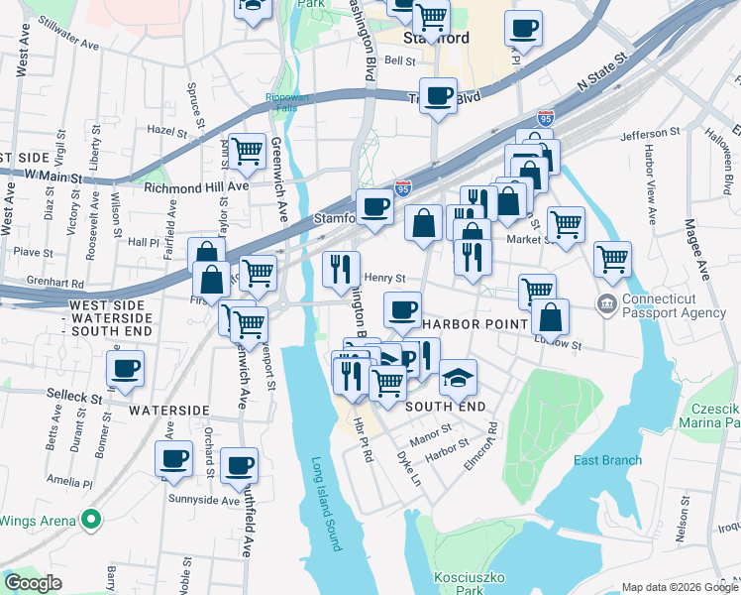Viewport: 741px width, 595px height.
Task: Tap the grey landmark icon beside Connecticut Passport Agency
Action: [606, 301]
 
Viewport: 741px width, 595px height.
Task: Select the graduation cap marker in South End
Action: [458, 377]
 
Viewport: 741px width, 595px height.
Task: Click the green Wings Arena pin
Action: [91, 519]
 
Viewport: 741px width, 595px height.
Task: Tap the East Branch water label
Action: [606, 460]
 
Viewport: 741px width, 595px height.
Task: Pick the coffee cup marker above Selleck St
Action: [125, 369]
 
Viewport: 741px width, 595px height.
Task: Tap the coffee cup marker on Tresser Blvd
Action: [438, 96]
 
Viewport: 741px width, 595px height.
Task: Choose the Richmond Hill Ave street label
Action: [195, 186]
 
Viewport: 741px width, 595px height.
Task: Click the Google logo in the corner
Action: [34, 583]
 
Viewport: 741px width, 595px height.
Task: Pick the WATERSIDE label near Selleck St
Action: [168, 410]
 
